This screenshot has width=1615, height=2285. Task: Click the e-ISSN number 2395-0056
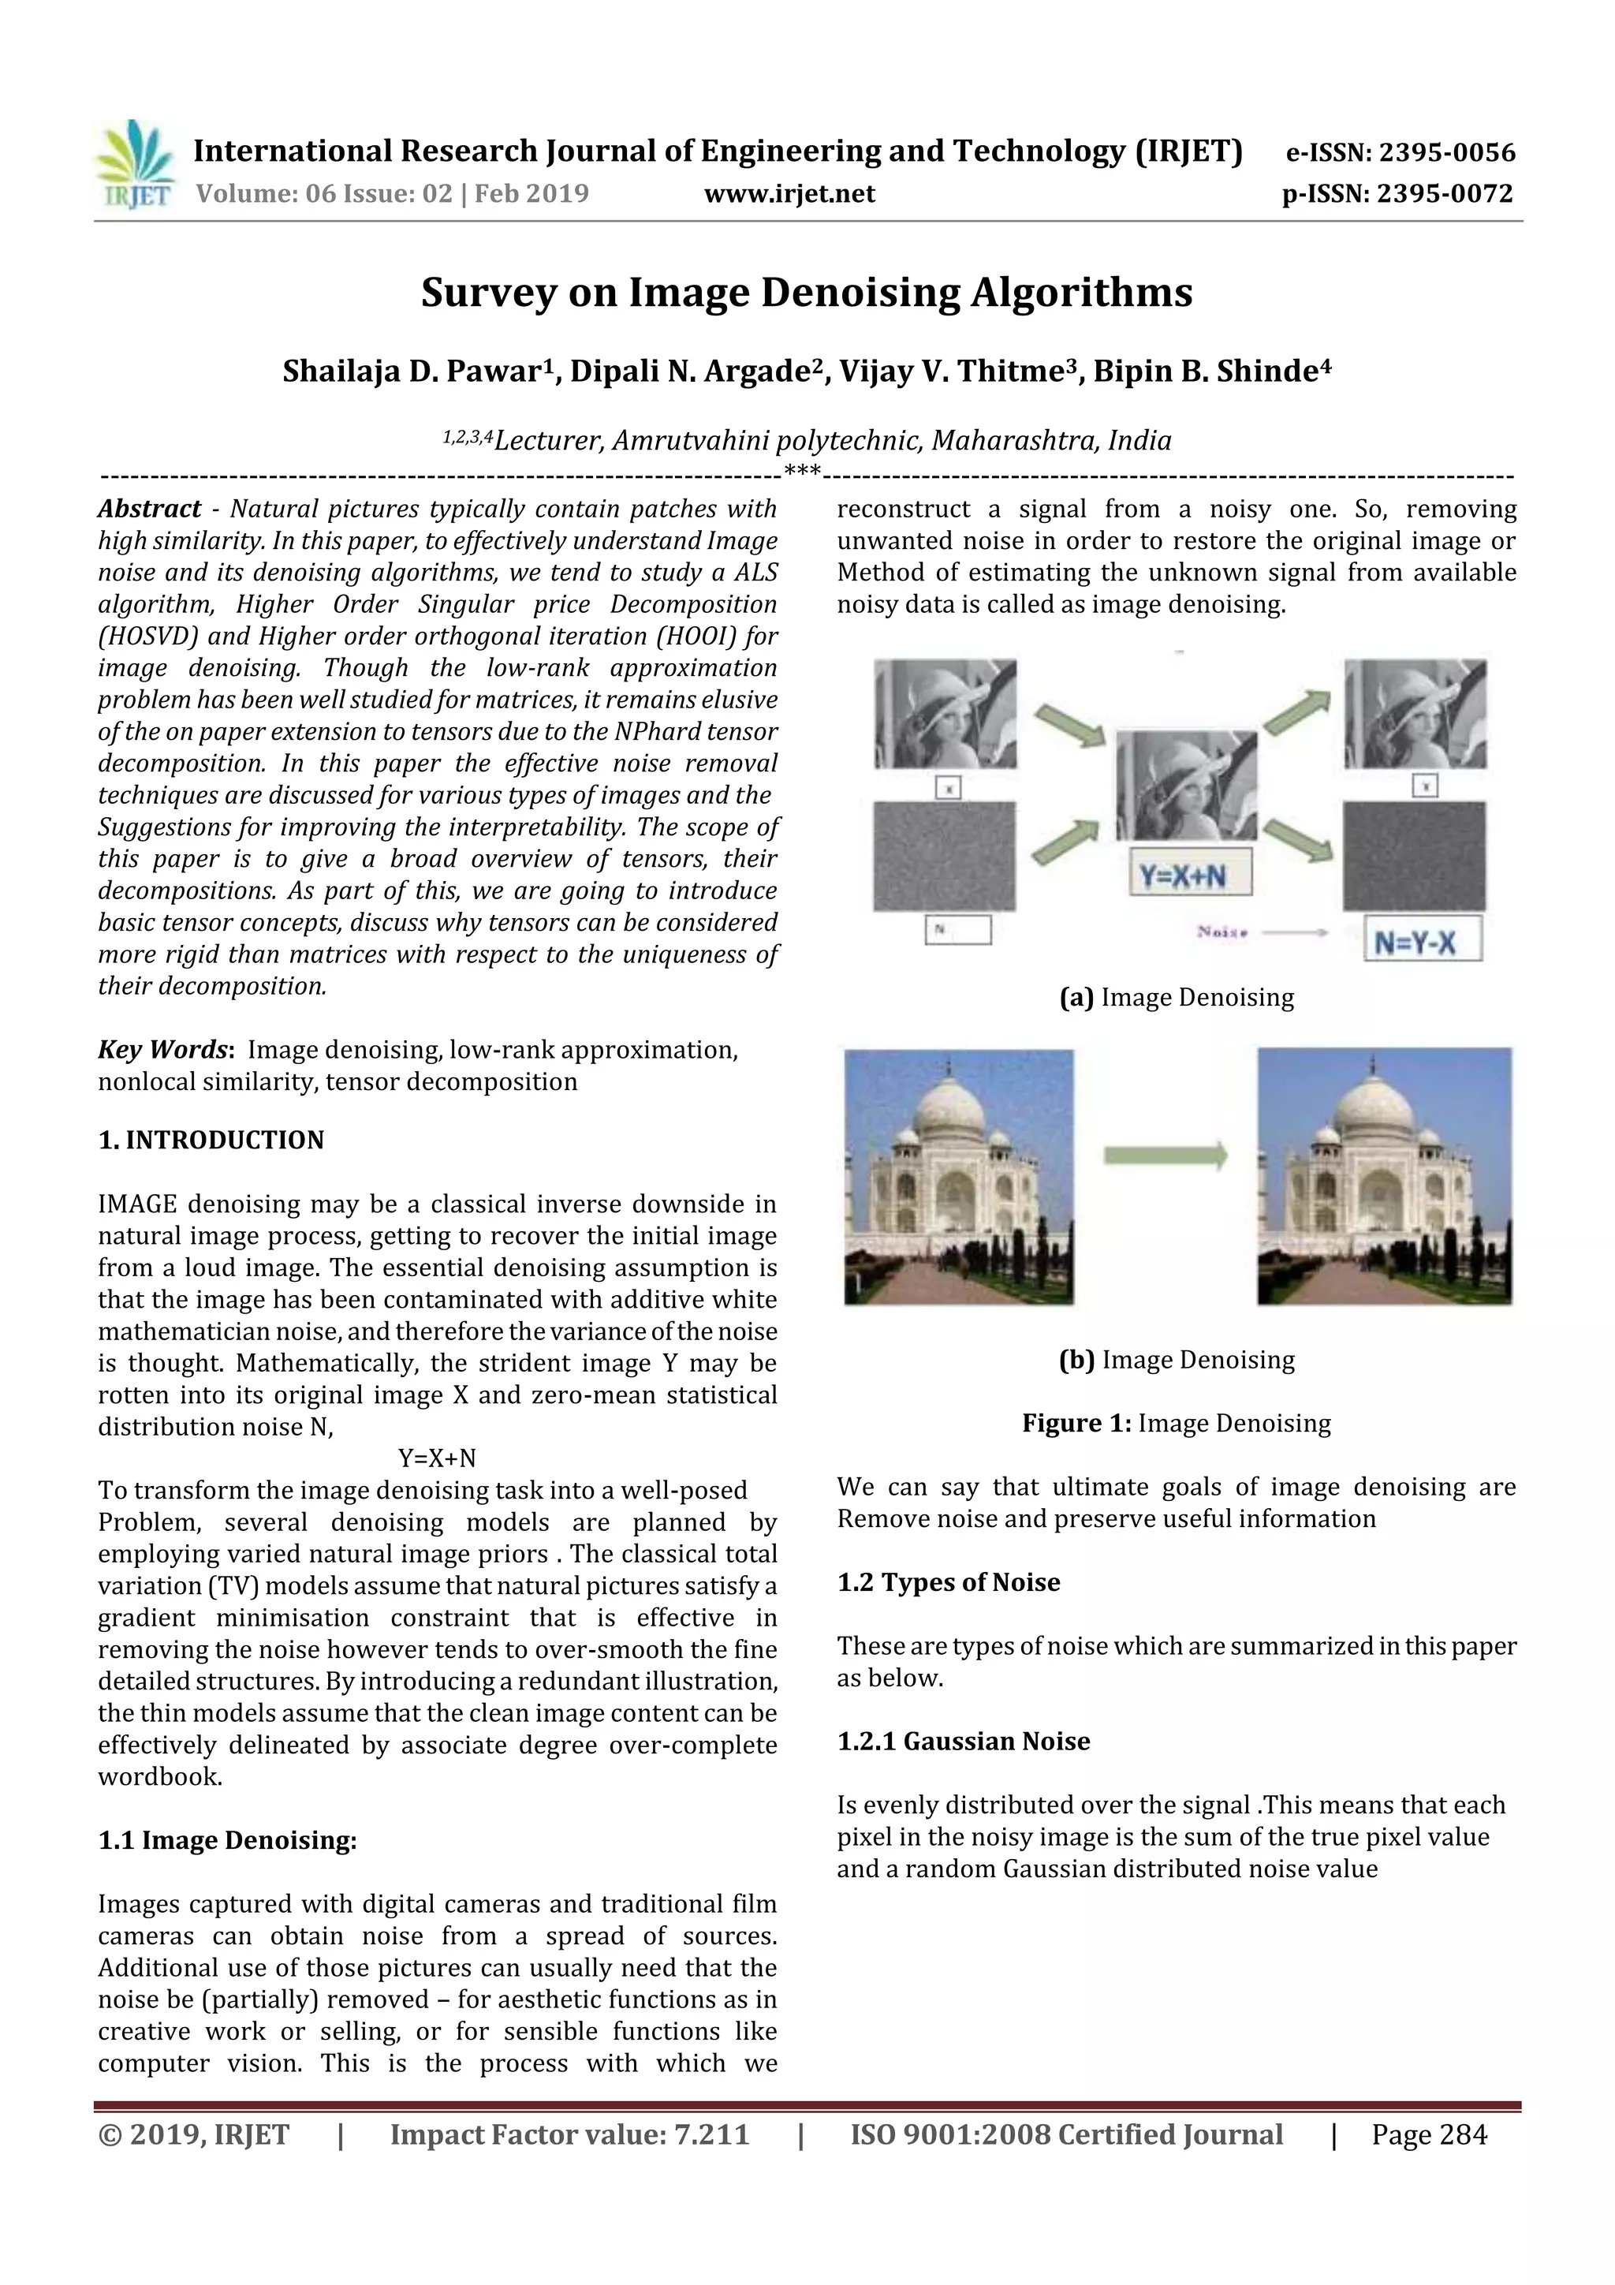pos(1445,152)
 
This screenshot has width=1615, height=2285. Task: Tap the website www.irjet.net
pos(789,193)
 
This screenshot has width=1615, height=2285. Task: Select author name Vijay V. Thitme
pos(958,371)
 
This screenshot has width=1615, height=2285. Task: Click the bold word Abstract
pos(149,509)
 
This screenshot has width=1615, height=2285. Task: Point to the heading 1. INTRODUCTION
pos(211,1140)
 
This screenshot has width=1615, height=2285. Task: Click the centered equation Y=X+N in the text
pos(437,1458)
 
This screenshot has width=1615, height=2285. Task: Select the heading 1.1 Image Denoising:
pos(227,1840)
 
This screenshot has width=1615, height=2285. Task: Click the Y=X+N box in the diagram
pos(1182,876)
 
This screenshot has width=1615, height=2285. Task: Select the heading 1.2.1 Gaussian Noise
pos(963,1741)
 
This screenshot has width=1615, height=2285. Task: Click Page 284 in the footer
pos(1429,2134)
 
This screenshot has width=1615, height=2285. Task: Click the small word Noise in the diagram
pos(1222,932)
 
